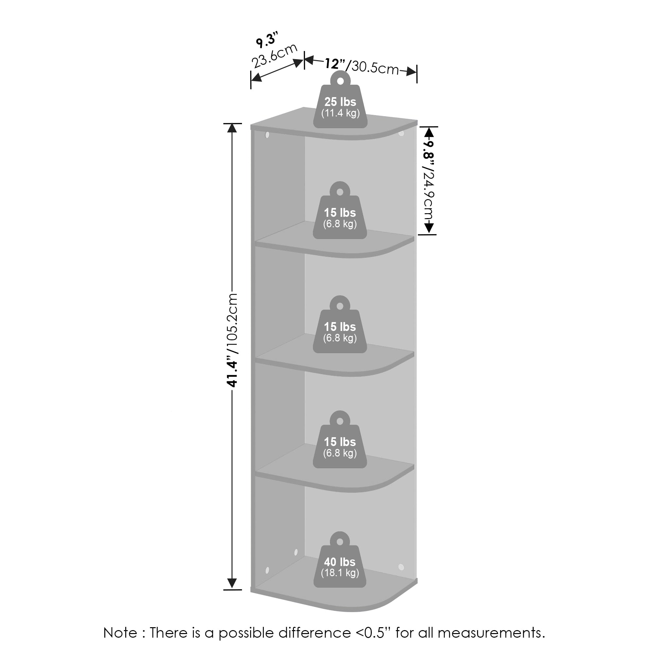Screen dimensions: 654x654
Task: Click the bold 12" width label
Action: coord(335,63)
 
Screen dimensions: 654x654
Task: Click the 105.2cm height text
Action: coord(233,323)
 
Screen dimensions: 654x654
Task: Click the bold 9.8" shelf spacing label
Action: coord(429,151)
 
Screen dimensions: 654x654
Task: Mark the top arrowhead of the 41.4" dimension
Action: coord(232,128)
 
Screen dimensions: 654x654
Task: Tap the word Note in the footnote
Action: coord(120,632)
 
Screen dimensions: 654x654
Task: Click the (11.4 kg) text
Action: coord(340,113)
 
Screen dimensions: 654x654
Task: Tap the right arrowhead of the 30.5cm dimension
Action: coord(412,71)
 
